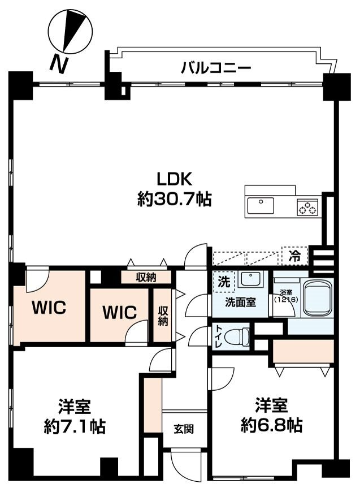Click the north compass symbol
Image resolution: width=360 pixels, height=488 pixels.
tap(70, 31)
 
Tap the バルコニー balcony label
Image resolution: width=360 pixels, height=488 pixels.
tap(216, 67)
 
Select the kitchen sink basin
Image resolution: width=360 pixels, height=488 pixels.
tap(261, 205)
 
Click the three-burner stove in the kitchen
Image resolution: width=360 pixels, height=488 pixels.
tap(308, 208)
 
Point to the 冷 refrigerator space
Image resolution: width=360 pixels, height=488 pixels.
tap(294, 256)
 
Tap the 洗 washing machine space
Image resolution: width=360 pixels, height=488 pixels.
tap(224, 282)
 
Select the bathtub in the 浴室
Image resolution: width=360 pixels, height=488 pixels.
tap(317, 297)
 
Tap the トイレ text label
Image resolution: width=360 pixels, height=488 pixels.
tap(218, 336)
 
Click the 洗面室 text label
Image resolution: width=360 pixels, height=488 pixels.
tap(241, 302)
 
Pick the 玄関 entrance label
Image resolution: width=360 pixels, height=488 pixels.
tap(184, 429)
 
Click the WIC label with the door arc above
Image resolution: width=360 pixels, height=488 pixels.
tap(49, 308)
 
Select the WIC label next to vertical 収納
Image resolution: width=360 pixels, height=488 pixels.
tap(119, 312)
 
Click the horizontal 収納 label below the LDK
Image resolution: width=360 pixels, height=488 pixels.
tap(146, 277)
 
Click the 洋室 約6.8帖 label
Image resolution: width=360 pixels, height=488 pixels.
tap(272, 415)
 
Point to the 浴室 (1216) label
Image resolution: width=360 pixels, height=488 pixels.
tap(286, 296)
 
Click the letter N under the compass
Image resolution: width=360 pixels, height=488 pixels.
tap(59, 64)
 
